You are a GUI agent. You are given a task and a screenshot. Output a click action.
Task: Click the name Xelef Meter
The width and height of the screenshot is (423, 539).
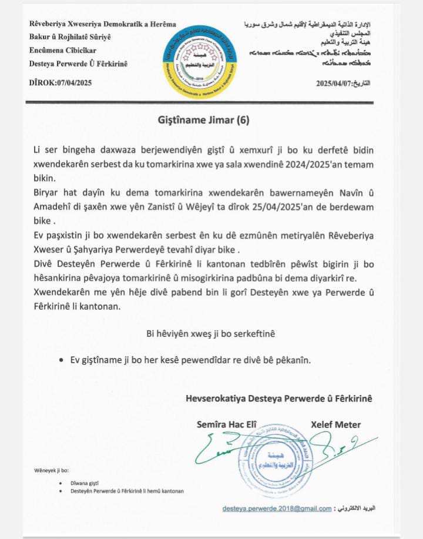click(335, 424)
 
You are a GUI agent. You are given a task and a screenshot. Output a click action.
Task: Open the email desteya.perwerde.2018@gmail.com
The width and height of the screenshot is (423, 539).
click(277, 508)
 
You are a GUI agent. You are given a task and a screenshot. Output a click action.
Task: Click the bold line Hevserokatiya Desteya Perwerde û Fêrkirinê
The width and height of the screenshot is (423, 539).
click(278, 398)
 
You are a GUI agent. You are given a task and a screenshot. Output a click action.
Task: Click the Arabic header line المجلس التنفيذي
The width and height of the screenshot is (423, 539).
click(347, 36)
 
